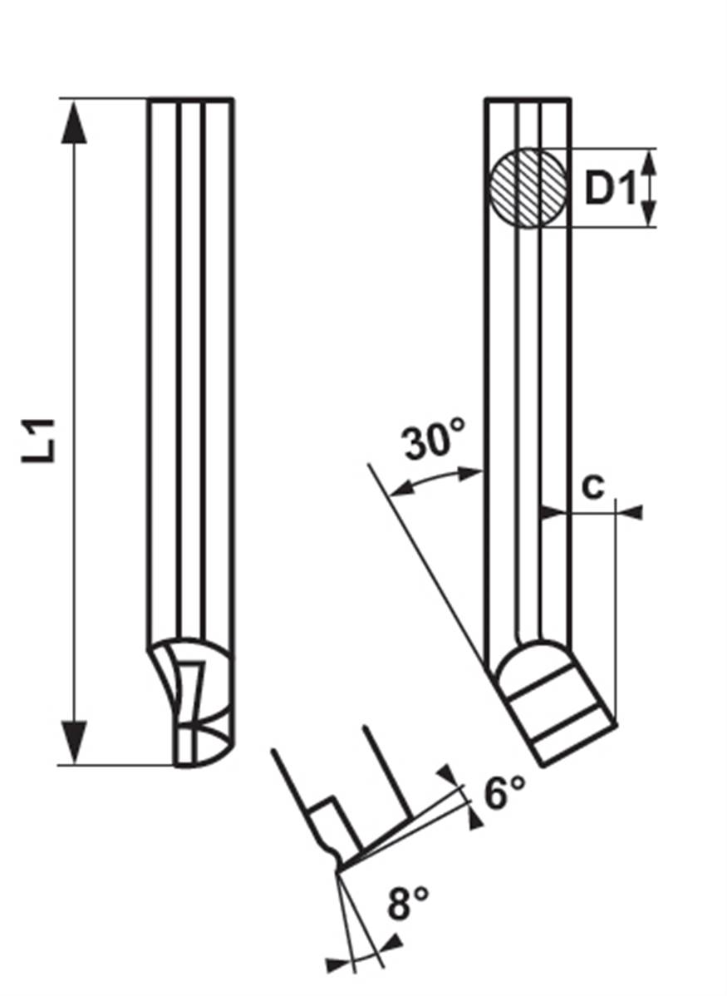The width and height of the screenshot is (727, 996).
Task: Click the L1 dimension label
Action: (x=39, y=440)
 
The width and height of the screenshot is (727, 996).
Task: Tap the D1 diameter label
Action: (x=610, y=189)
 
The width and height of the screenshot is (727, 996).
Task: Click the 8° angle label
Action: (x=408, y=903)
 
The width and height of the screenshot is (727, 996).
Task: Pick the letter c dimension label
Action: (x=593, y=487)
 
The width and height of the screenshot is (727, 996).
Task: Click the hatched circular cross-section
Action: (x=528, y=188)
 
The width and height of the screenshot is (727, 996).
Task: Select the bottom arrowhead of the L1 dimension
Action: (x=75, y=742)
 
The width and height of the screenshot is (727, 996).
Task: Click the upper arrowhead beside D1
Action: (x=649, y=162)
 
